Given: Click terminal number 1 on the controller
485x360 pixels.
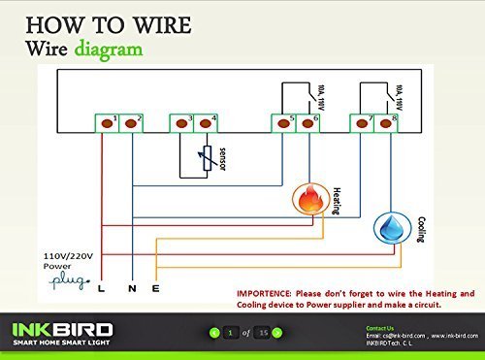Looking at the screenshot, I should (104, 122).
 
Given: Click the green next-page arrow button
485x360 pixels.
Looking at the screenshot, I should (276, 333).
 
